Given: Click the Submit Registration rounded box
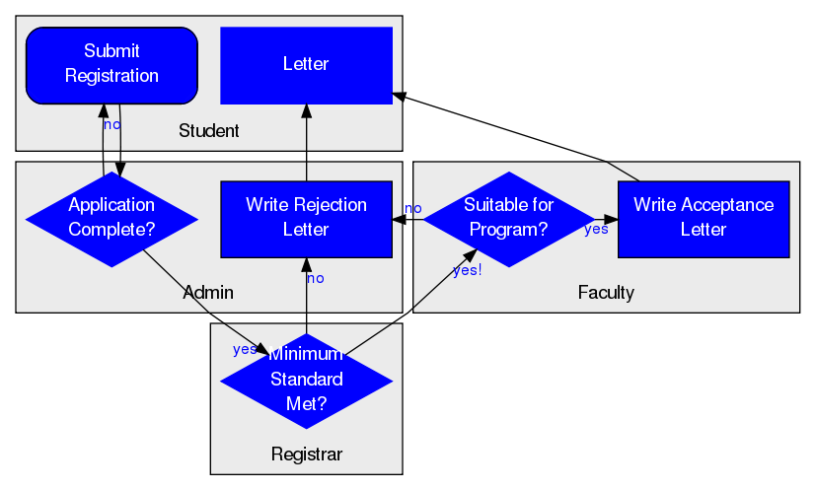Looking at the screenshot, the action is click(111, 65).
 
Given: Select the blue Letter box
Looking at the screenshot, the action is click(307, 65).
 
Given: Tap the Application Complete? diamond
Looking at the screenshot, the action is click(111, 220).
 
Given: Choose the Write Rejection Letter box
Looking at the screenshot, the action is click(307, 220).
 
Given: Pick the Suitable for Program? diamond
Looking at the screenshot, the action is click(509, 220).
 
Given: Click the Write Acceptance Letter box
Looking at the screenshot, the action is click(704, 220).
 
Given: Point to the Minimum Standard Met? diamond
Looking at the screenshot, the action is click(307, 382).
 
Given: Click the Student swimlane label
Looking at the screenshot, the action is click(208, 130).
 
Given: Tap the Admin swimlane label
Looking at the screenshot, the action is click(208, 293).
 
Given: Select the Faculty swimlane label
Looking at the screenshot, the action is click(606, 293).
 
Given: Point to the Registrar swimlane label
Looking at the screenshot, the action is click(307, 455).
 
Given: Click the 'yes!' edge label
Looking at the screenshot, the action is click(468, 270).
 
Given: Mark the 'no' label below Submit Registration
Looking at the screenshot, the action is click(112, 125).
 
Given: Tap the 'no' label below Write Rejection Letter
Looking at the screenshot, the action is click(316, 279).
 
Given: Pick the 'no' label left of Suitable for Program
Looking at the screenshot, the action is click(413, 209).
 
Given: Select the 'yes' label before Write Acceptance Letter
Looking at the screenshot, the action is click(596, 229).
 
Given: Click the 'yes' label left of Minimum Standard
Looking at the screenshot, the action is click(245, 350).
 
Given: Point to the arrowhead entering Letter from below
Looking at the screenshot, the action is click(307, 110).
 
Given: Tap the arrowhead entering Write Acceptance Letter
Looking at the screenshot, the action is click(611, 220).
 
